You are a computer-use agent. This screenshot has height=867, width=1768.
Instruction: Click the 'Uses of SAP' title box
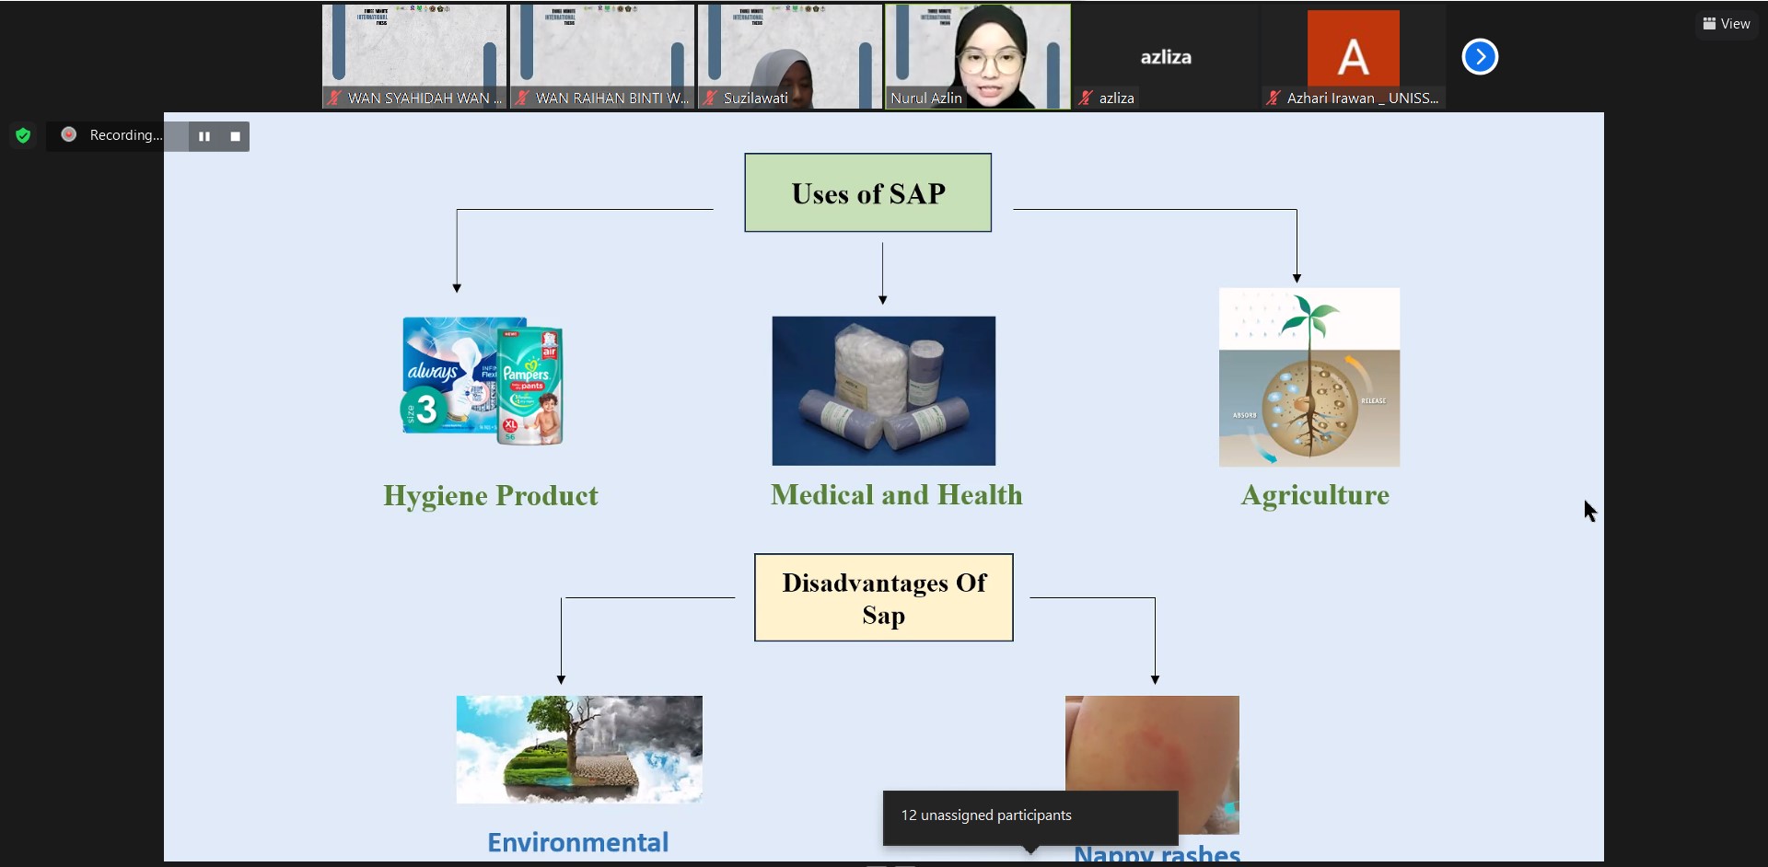867,193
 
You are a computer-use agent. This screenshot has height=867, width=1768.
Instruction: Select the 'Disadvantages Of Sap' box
883,598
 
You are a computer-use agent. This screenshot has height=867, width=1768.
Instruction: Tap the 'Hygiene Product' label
491,496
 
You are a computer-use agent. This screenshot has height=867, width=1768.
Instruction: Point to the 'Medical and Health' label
896,495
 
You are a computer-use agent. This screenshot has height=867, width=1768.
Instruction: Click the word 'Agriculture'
1314,495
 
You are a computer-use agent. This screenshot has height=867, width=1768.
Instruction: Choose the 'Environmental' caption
577,842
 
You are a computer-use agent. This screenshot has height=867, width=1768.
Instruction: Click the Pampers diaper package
530,387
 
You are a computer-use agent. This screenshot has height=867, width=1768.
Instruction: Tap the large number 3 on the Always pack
425,409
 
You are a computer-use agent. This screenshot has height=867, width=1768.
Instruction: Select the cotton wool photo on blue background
883,390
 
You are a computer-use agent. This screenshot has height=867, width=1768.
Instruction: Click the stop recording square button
235,136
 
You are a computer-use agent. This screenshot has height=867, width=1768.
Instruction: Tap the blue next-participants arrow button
1480,57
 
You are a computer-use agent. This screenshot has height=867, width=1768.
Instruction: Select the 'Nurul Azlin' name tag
925,98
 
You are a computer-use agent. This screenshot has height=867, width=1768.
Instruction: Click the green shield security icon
23,136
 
